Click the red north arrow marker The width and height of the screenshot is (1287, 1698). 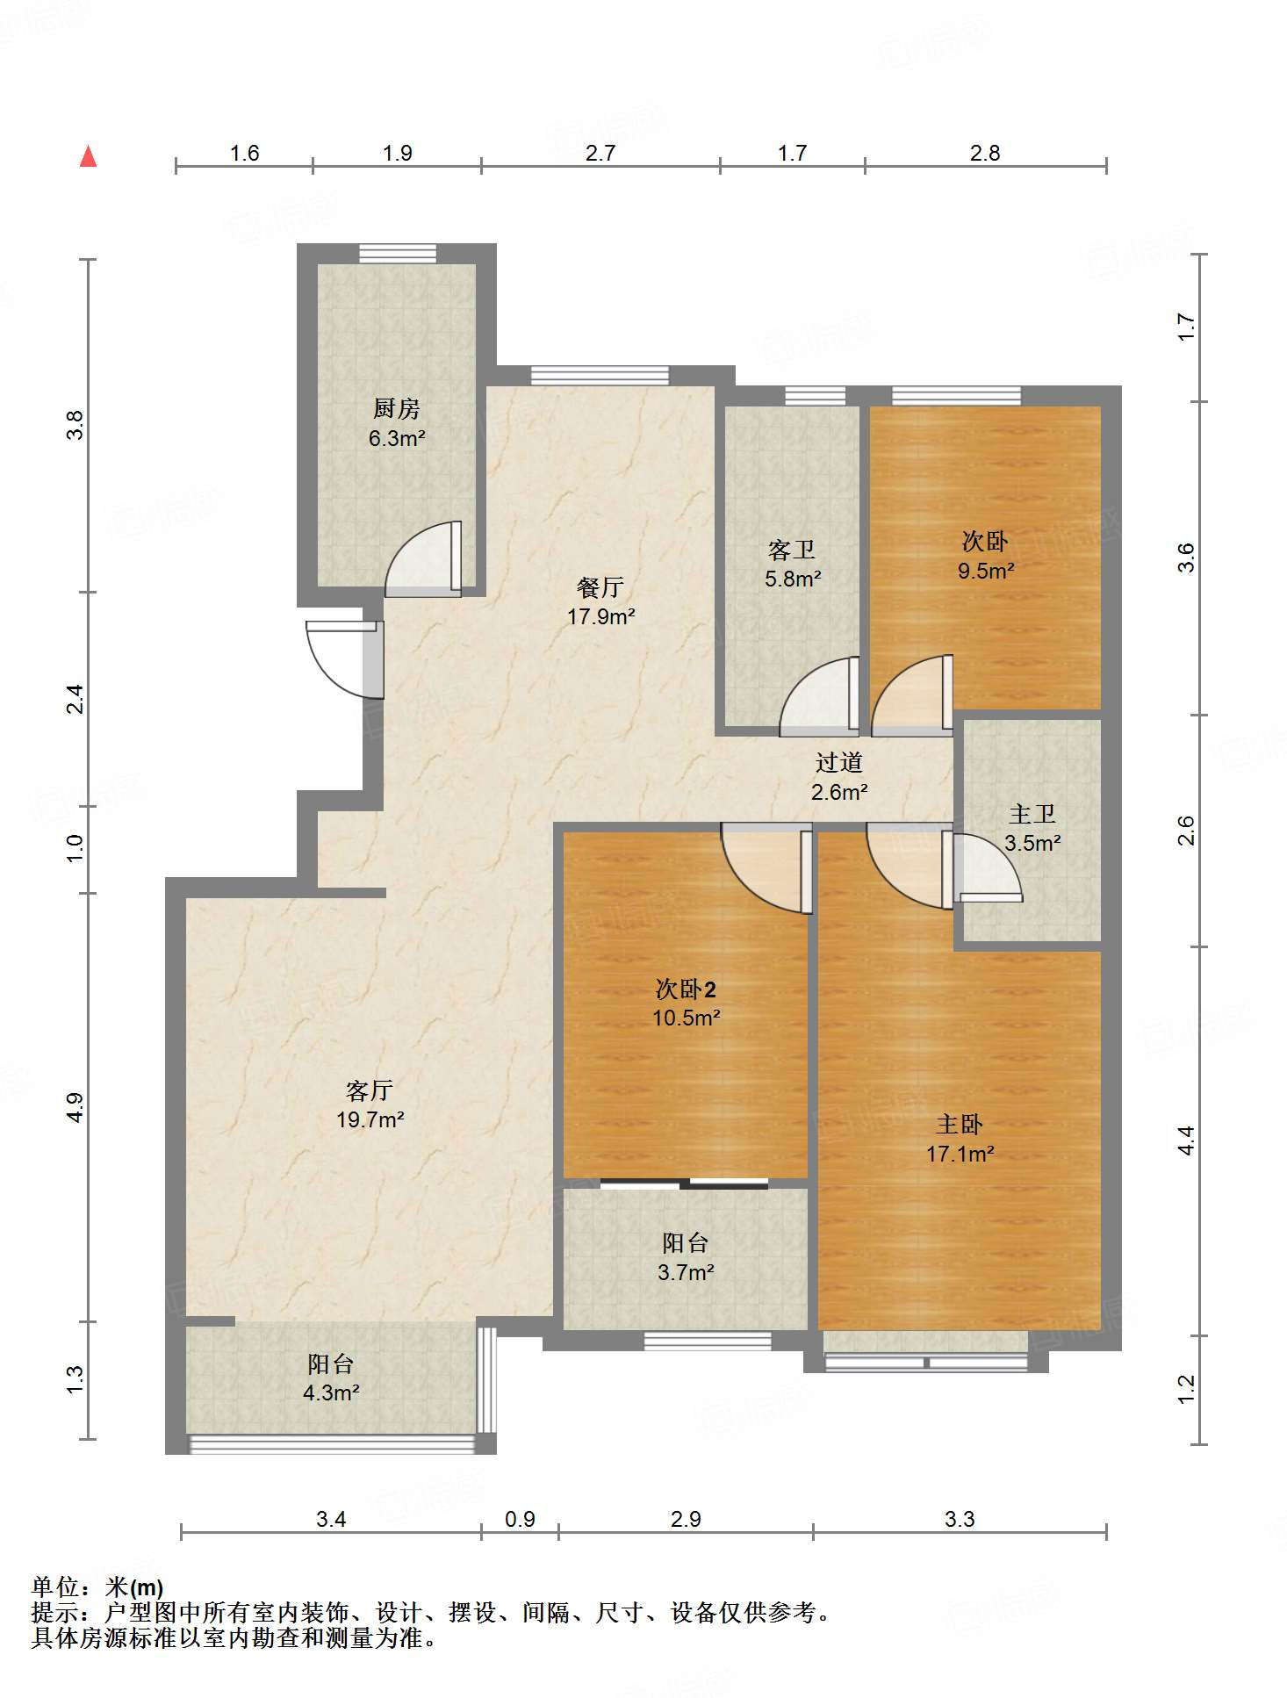(88, 156)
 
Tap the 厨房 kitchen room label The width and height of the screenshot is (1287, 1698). (397, 408)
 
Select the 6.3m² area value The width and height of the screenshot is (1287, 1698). (397, 438)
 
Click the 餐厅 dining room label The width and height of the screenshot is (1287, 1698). (600, 587)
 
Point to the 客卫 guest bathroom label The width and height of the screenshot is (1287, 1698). (792, 550)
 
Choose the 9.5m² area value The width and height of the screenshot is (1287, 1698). (986, 571)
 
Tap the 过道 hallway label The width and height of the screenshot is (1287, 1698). (839, 763)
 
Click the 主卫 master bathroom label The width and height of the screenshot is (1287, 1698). (1032, 815)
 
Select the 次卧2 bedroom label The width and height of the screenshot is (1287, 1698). (687, 989)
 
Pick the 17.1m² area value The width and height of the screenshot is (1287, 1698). (960, 1154)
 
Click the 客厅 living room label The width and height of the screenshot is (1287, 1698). (370, 1090)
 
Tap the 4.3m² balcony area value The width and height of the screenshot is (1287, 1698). (331, 1392)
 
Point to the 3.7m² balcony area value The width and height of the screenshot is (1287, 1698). (686, 1271)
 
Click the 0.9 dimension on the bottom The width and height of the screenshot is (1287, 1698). (520, 1519)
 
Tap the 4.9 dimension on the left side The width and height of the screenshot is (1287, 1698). (75, 1107)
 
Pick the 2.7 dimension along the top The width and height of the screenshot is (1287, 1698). (600, 153)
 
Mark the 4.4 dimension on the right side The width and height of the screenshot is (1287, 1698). (1186, 1140)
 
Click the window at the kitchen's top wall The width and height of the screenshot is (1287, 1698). (398, 253)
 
